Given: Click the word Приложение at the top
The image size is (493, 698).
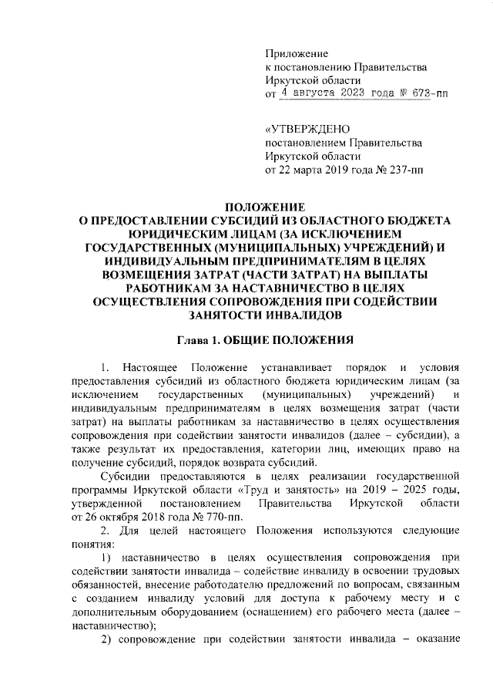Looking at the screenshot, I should [x=297, y=53].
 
